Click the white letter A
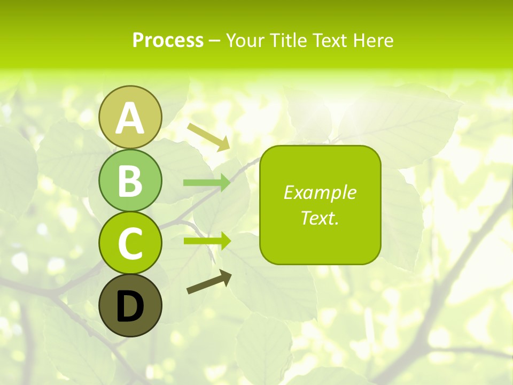point(130,118)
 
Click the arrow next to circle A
point(208,137)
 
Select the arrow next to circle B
point(207,183)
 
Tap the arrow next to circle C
point(207,241)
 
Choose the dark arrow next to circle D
point(209,282)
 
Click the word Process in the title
point(168,41)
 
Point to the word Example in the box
point(320,192)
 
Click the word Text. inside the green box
point(320,218)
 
